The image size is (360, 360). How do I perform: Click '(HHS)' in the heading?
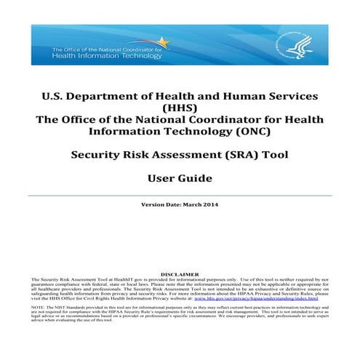tap(180, 109)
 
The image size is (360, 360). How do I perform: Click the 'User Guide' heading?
tap(180, 177)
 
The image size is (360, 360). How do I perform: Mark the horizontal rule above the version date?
tap(180, 195)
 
